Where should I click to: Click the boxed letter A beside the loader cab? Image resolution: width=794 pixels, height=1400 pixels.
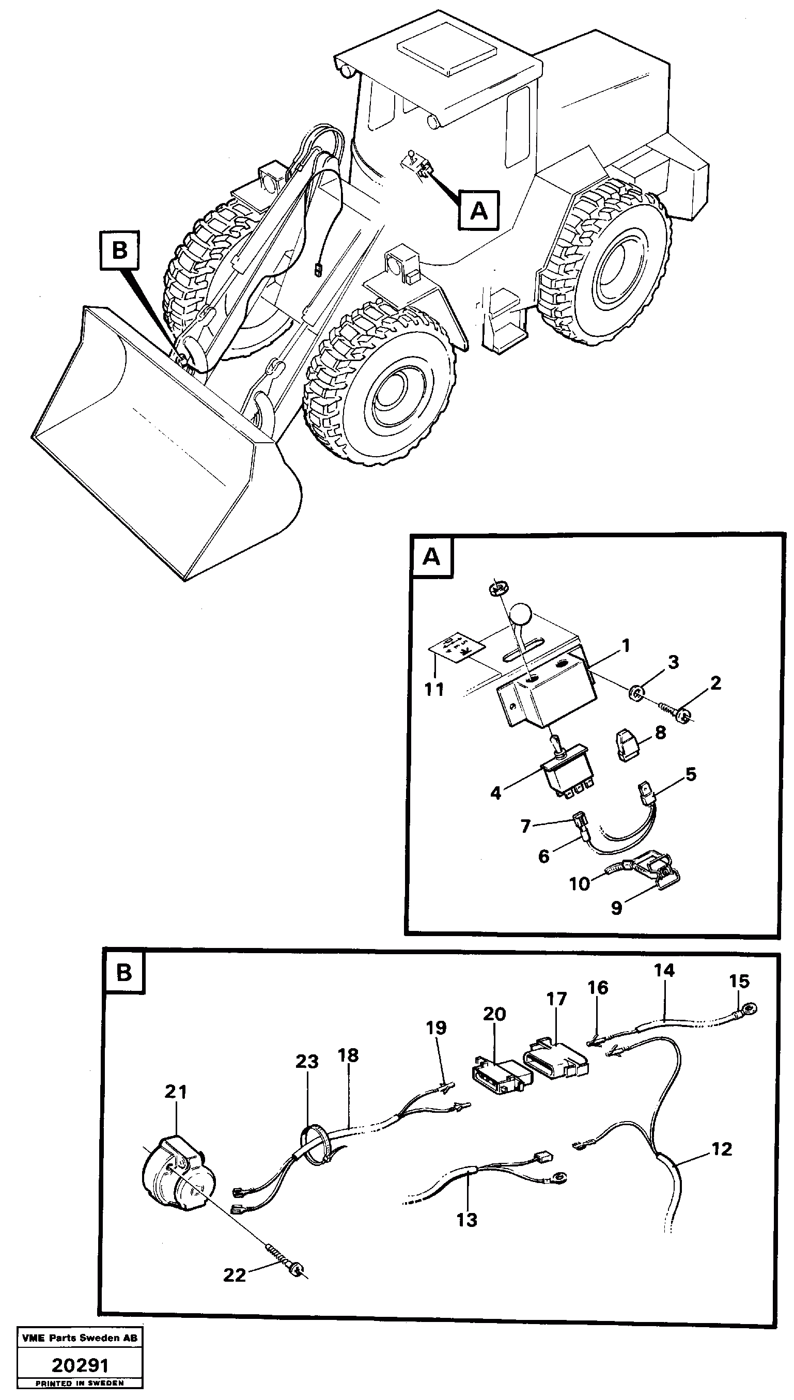point(478,210)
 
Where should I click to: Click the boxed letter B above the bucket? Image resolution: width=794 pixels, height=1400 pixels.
point(119,250)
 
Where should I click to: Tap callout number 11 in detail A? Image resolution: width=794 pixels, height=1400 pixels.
point(434,690)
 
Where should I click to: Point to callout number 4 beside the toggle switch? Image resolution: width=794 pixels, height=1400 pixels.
point(495,792)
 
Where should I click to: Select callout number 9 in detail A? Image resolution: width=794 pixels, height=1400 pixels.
point(616,908)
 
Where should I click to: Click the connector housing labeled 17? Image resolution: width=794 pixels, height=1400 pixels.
point(555,1059)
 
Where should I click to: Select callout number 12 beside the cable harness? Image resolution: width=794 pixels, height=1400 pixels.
point(722,1149)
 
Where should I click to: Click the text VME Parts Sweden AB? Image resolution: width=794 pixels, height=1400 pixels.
point(80,1338)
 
